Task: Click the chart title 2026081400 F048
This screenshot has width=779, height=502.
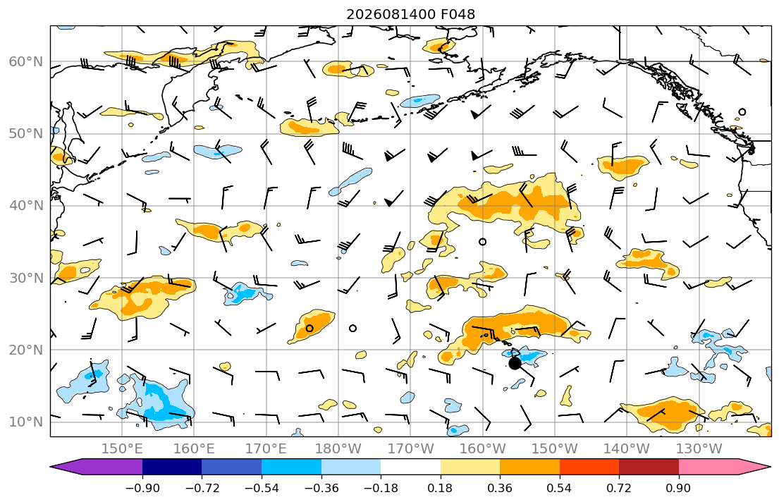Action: [410, 14]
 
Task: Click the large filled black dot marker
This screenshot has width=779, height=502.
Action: [515, 363]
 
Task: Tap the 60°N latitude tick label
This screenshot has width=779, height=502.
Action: [26, 61]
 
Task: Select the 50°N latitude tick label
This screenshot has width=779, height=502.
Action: [26, 134]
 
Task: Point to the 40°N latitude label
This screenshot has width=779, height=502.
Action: [26, 206]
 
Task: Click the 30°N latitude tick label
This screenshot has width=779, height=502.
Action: [26, 278]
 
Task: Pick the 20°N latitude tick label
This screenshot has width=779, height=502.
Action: [26, 350]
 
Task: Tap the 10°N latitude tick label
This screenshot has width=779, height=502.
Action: [26, 422]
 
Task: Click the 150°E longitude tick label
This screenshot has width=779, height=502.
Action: [122, 449]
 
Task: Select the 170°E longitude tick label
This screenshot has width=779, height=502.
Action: [266, 449]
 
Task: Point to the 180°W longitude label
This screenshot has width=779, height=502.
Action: [338, 449]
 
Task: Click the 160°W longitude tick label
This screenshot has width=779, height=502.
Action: [482, 449]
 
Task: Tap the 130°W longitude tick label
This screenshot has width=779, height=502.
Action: [699, 449]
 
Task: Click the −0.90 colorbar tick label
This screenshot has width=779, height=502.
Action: [142, 488]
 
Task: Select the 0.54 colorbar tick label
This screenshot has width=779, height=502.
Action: [560, 488]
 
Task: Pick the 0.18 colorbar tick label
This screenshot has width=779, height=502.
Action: [440, 488]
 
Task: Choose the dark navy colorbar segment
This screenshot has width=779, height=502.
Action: [172, 467]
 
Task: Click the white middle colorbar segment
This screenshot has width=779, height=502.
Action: [410, 467]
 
